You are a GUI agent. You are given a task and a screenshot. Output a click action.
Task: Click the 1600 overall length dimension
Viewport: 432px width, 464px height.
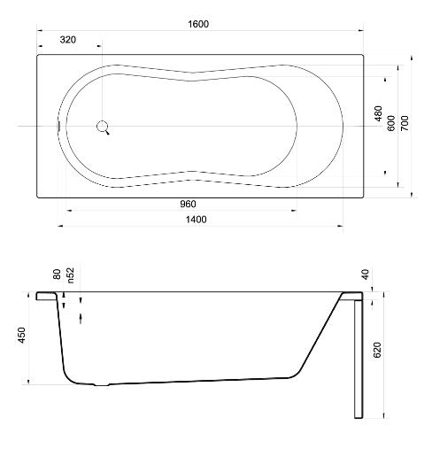click(x=198, y=24)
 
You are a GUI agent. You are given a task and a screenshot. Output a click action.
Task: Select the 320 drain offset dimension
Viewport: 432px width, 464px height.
click(x=68, y=40)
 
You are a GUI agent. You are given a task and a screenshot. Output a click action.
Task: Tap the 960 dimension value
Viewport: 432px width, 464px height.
click(x=188, y=204)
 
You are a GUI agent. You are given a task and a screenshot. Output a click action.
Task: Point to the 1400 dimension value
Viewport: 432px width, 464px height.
click(x=196, y=220)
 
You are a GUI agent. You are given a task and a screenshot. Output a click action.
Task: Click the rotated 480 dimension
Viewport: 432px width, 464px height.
click(x=378, y=113)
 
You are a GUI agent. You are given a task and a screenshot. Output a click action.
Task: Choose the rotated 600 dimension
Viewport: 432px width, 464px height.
click(x=391, y=123)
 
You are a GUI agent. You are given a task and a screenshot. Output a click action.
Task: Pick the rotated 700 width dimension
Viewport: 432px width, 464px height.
click(x=405, y=123)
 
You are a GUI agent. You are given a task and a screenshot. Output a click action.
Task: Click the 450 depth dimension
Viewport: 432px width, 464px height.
click(x=21, y=336)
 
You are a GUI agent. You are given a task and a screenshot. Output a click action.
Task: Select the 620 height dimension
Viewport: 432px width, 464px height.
click(x=377, y=350)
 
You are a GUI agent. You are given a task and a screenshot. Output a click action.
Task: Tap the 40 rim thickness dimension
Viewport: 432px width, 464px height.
click(x=366, y=275)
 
